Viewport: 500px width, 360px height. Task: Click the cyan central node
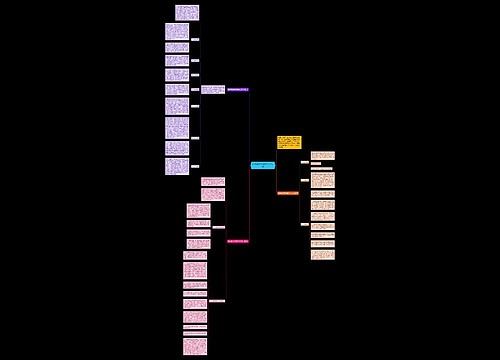click(262, 165)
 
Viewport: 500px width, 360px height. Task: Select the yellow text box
click(289, 142)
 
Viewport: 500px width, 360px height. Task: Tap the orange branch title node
click(288, 192)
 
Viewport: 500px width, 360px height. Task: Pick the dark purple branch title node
click(238, 90)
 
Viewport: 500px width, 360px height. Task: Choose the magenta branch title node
click(237, 241)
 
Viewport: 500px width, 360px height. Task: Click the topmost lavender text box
click(187, 12)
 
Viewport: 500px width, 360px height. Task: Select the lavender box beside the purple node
click(212, 89)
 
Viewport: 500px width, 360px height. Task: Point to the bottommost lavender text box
click(177, 166)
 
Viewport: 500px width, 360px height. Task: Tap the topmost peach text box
click(322, 155)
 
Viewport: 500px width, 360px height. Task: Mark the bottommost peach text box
click(322, 255)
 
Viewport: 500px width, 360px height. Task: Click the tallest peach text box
click(322, 180)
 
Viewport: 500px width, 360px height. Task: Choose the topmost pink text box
click(213, 181)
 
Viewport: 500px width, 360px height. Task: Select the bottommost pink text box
click(195, 346)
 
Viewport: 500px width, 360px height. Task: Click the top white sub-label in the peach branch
click(305, 162)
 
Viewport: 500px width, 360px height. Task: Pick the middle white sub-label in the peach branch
click(305, 180)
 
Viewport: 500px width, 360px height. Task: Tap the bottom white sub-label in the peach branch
click(305, 224)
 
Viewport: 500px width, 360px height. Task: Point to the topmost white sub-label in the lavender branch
click(195, 39)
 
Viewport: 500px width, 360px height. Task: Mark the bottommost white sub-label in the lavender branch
click(195, 166)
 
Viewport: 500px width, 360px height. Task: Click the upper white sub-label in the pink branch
click(218, 228)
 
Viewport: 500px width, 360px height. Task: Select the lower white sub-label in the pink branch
click(217, 301)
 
